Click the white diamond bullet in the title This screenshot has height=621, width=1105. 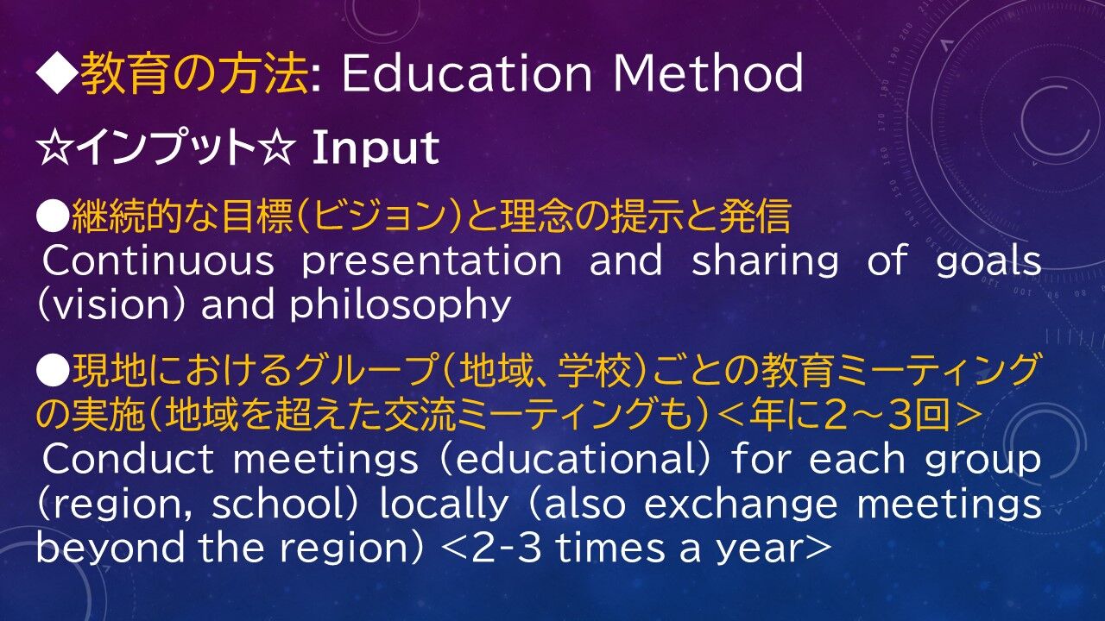click(x=56, y=72)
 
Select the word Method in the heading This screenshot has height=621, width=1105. click(x=709, y=72)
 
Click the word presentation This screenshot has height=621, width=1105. click(x=432, y=261)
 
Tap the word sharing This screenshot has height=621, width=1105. click(x=765, y=261)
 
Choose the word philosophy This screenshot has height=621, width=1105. click(x=400, y=305)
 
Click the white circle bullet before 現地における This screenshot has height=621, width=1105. click(x=53, y=372)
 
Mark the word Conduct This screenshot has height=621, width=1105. click(x=128, y=458)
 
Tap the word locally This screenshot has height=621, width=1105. click(x=444, y=505)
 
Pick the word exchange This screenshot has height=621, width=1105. click(x=741, y=505)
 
